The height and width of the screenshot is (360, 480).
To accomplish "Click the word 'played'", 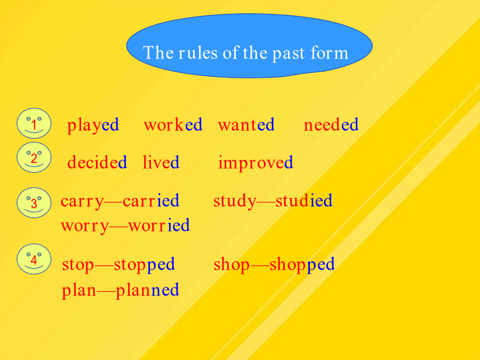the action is tap(93, 125).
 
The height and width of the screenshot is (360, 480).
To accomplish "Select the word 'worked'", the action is tap(173, 124).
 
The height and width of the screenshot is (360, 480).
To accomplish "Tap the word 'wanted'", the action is tap(246, 125).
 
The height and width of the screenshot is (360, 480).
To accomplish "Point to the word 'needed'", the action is tap(331, 124).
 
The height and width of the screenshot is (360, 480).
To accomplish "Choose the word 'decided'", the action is tap(97, 162).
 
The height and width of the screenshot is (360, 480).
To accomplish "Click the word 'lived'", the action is tap(161, 162).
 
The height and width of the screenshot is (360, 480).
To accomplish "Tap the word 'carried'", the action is tap(151, 201).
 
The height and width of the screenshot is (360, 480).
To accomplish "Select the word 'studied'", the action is tap(304, 201).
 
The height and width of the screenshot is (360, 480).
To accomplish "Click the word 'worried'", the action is tap(159, 225).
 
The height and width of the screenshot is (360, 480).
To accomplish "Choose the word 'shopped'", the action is tap(302, 265).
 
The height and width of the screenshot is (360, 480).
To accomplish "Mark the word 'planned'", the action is tap(147, 291).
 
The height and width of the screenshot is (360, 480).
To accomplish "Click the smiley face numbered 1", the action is tap(34, 123).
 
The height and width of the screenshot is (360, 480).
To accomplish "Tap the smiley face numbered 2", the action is tap(34, 157).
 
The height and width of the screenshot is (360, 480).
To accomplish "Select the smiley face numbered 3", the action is tap(34, 203).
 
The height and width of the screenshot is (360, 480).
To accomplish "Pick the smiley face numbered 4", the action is tap(34, 259).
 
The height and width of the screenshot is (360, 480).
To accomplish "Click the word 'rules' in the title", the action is tap(198, 53).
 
